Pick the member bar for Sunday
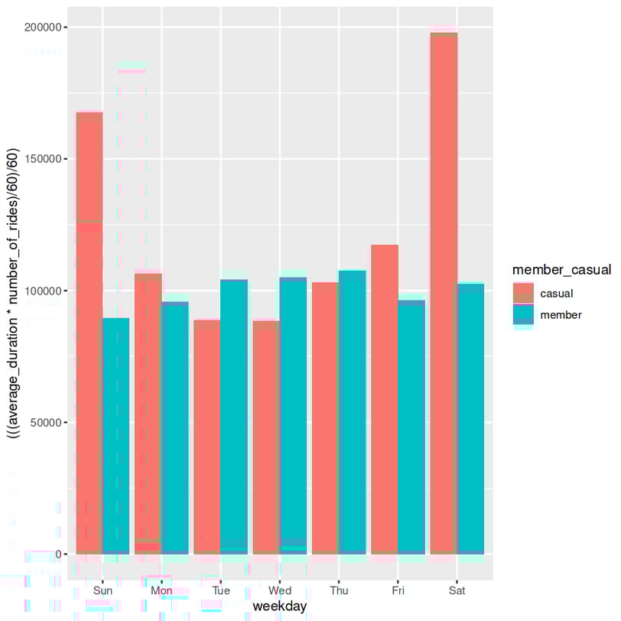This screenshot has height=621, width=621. tap(116, 435)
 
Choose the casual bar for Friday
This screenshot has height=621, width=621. tap(385, 398)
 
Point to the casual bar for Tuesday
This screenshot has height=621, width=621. tap(206, 436)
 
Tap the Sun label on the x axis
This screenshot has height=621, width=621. tap(102, 591)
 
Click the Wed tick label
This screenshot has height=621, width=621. tap(280, 591)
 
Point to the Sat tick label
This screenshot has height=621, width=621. tap(457, 591)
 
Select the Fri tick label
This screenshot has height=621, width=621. tap(398, 591)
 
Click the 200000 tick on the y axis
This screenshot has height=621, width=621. tap(43, 28)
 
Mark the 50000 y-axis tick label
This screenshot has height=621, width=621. tap(46, 422)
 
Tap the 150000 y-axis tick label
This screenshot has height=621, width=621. tap(43, 159)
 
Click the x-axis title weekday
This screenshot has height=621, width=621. tap(280, 606)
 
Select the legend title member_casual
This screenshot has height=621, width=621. tap(561, 269)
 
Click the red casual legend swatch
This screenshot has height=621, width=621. tap(523, 293)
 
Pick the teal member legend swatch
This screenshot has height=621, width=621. tap(523, 314)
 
